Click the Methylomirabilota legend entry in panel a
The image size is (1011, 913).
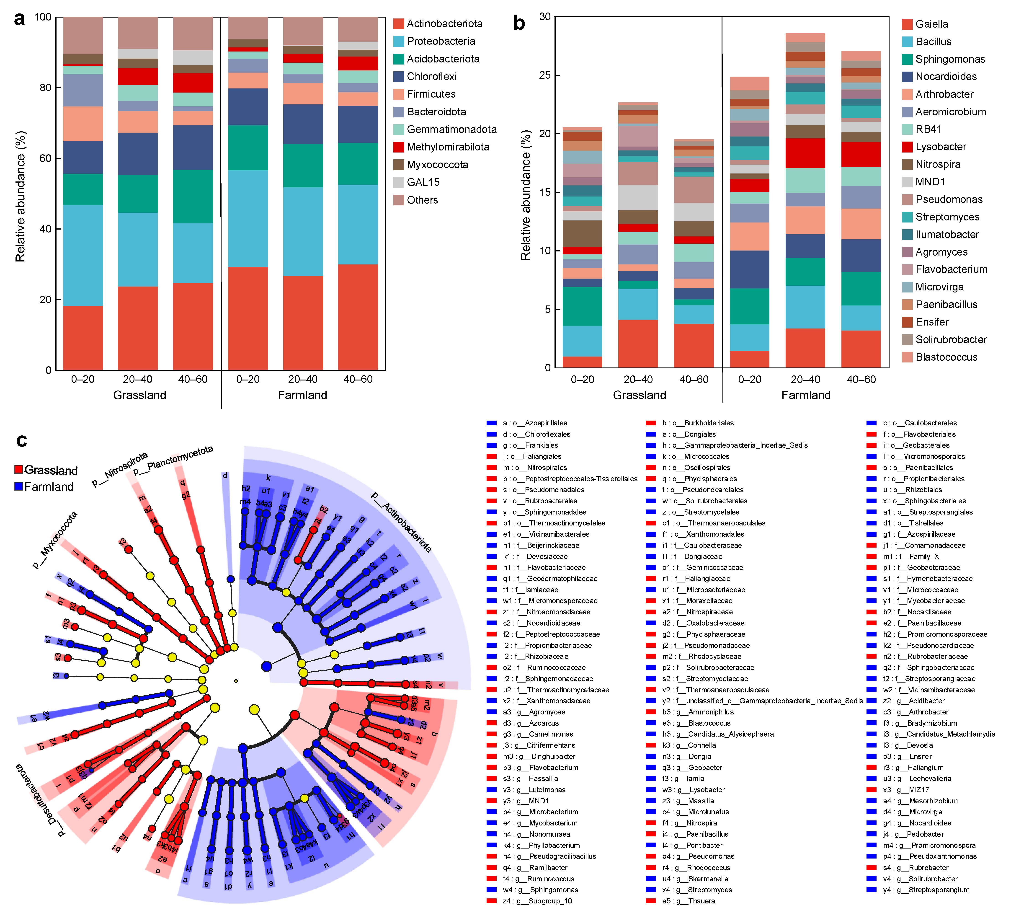click(447, 147)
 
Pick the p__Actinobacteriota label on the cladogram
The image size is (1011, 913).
click(401, 522)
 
